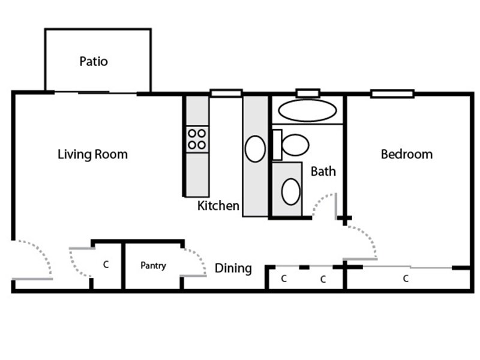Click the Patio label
(x=94, y=61)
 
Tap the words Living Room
(x=92, y=154)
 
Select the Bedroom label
(x=407, y=154)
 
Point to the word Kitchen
(x=218, y=206)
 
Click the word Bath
(x=323, y=171)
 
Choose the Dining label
(x=233, y=268)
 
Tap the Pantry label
(x=153, y=265)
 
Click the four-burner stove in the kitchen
(x=197, y=139)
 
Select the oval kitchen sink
(x=255, y=149)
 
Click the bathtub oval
(x=307, y=110)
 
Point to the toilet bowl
(x=295, y=145)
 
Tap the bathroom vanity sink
(x=290, y=191)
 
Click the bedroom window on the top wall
(x=392, y=94)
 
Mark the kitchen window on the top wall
(x=226, y=93)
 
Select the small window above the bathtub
(x=308, y=93)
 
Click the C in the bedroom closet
(x=406, y=278)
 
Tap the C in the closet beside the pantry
(x=106, y=264)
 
